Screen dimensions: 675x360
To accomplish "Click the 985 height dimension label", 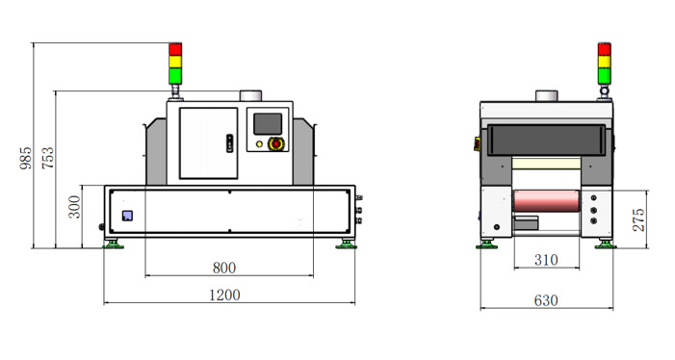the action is click(26, 158).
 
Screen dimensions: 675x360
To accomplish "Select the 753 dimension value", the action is click(48, 158).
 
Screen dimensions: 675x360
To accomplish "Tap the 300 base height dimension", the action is click(74, 207).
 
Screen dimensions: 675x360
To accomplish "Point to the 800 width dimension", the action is click(224, 268).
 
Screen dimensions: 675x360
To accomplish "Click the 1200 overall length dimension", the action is click(224, 296).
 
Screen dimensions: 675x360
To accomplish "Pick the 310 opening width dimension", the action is click(546, 260).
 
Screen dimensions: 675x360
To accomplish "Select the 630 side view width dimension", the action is click(546, 300).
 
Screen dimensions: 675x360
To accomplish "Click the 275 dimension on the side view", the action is click(638, 219).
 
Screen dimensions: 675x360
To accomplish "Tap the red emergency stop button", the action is click(274, 143).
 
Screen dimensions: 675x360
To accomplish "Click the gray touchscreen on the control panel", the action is click(268, 124).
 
